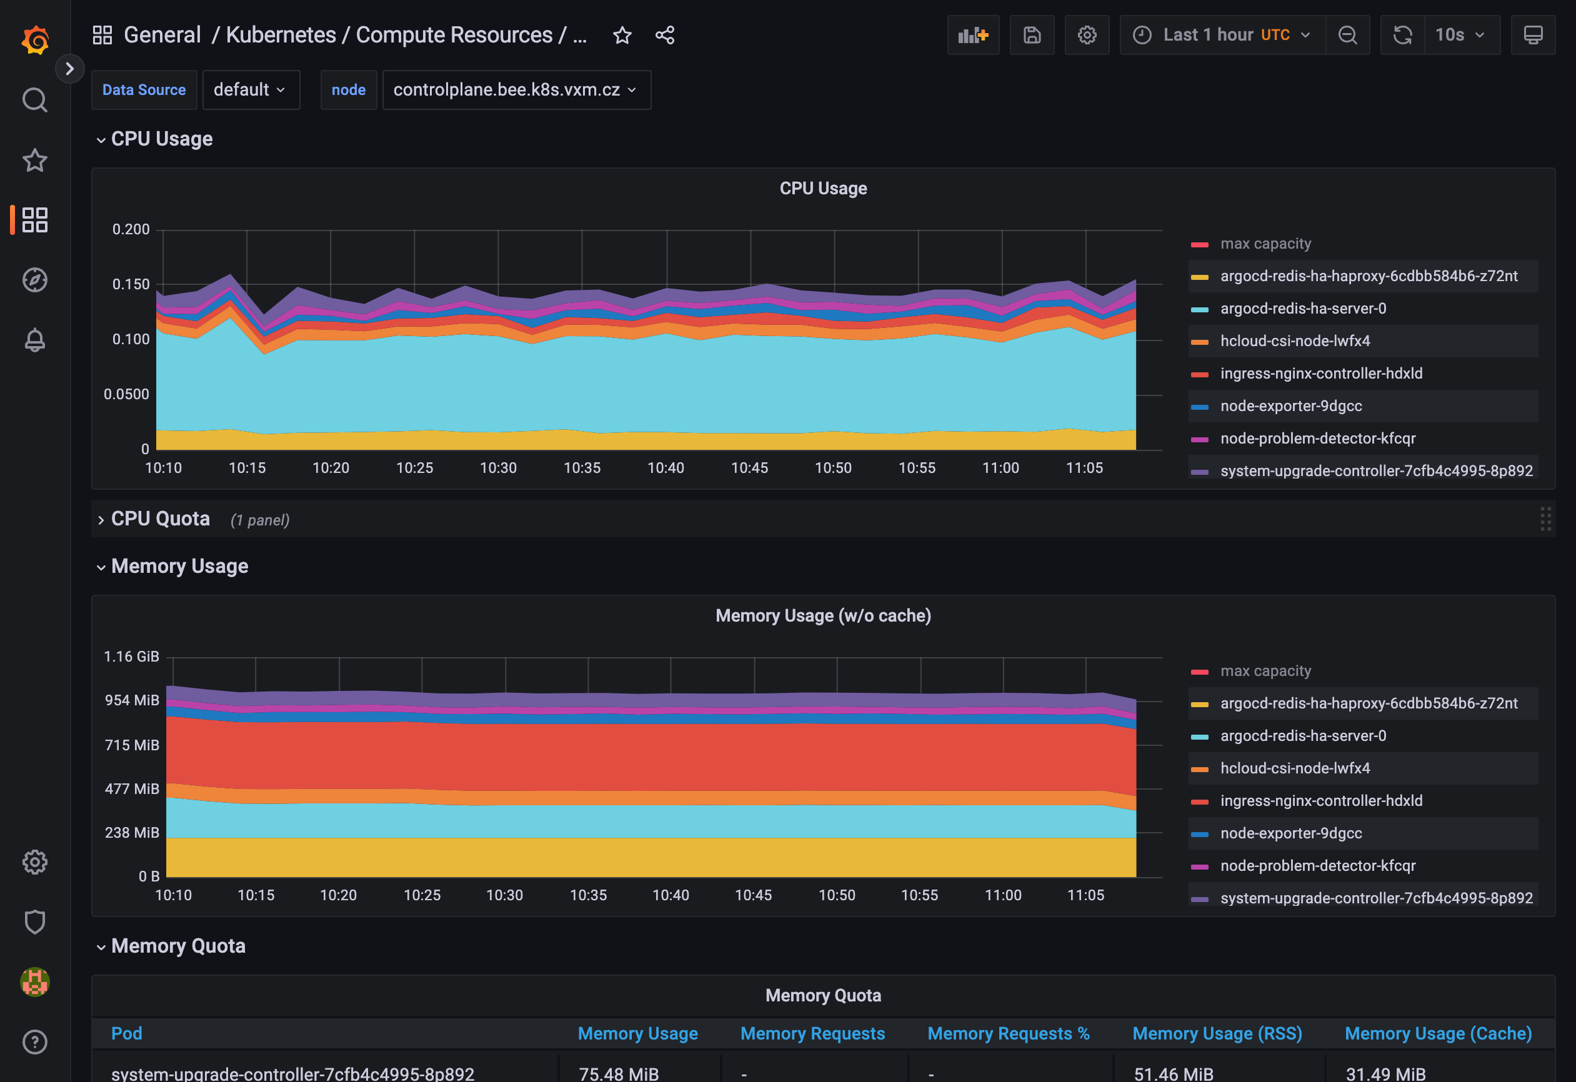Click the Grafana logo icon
34,39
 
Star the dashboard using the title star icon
622,35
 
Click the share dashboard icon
664,35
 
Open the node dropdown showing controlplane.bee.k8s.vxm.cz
516,89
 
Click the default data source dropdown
250,89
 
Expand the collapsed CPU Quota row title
160,519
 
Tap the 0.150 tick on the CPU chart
131,284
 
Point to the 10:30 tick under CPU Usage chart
499,468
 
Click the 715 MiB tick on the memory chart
132,745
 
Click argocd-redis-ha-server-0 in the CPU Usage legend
1303,309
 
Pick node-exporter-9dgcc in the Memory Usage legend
1290,833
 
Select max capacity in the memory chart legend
1265,670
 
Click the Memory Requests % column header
1008,1033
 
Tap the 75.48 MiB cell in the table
619,1073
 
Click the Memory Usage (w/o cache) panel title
822,615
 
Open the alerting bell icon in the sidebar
34,340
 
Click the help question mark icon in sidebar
34,1042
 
